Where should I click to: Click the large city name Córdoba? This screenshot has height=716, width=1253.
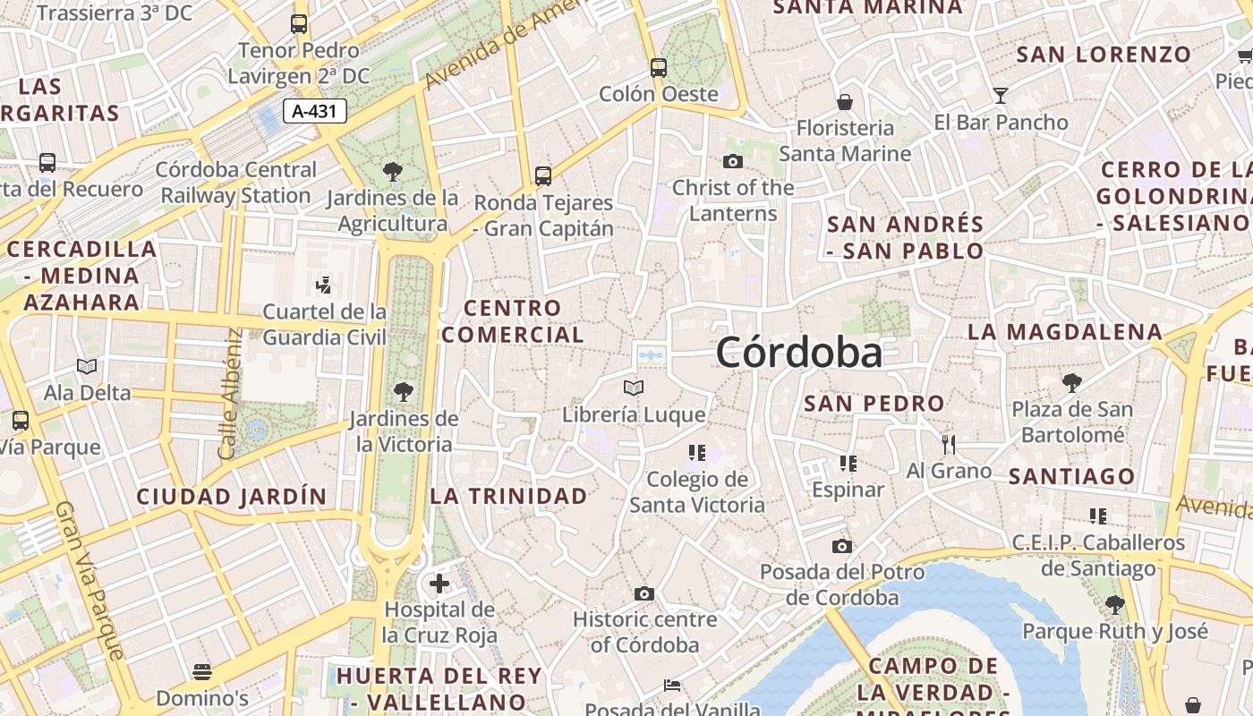(798, 353)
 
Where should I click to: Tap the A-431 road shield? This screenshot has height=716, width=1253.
(315, 111)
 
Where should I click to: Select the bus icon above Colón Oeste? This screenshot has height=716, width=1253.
(659, 68)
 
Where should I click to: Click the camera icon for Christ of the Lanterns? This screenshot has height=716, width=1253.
(733, 162)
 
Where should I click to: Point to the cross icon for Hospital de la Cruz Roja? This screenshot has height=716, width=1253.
(439, 584)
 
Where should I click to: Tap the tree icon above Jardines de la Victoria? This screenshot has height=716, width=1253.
(403, 391)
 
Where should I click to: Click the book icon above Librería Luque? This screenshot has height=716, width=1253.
(634, 388)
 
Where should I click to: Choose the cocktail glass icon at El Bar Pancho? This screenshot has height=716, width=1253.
(1001, 96)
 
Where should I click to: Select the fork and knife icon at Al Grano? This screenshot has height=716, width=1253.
(949, 444)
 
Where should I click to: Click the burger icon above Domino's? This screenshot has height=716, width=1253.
(202, 671)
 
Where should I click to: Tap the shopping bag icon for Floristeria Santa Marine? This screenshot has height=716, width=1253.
(844, 102)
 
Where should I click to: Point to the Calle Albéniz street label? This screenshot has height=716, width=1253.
(231, 395)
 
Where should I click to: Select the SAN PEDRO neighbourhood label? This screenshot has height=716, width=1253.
(874, 404)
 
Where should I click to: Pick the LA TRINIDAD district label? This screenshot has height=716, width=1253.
(509, 496)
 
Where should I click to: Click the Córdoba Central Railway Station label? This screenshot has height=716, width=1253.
(236, 182)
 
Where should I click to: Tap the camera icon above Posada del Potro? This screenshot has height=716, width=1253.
(841, 546)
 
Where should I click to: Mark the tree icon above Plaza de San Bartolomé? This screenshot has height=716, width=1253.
(1071, 384)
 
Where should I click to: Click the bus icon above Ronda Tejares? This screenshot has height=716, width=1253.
(543, 176)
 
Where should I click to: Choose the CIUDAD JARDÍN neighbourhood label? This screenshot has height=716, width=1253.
(232, 496)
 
